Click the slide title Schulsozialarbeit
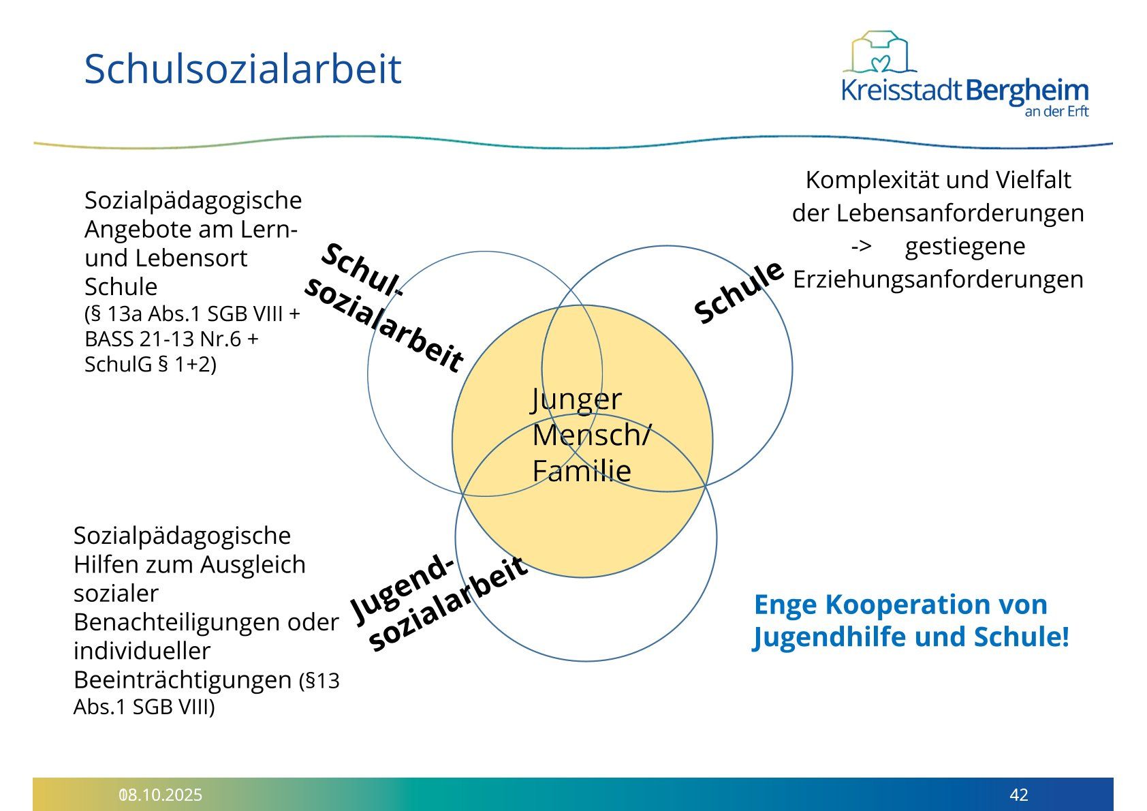tap(242, 69)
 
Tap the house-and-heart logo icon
tap(879, 52)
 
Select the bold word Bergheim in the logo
tap(1027, 91)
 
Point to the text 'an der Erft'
tap(1056, 111)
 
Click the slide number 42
tap(1018, 795)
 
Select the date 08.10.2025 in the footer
tap(161, 795)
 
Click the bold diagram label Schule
tap(738, 292)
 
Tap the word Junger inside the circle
tap(577, 399)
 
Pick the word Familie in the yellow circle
tap(582, 471)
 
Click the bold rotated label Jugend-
tap(403, 590)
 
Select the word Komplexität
tap(872, 181)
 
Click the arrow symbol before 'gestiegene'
tap(862, 247)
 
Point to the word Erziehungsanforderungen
tap(938, 279)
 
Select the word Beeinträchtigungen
tap(183, 681)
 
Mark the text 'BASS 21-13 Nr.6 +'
tap(171, 339)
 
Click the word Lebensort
tap(191, 258)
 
